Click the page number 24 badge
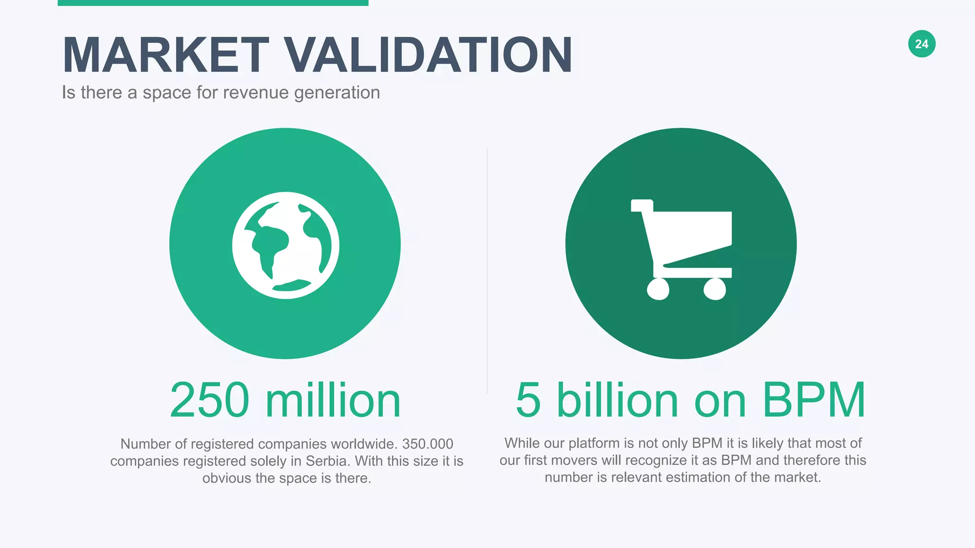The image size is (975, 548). tap(922, 44)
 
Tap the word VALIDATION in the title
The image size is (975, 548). tap(428, 56)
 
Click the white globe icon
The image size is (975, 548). tap(286, 245)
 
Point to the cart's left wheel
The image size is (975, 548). tap(658, 289)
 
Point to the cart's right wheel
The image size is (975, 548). tap(715, 289)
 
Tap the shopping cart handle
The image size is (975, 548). tap(641, 205)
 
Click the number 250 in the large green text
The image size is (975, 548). tap(209, 401)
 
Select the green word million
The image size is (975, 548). tap(333, 401)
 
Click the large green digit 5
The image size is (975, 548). tap(528, 401)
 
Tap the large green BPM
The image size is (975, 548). tap(814, 401)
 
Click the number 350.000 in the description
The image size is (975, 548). tap(428, 444)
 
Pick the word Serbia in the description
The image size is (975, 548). tap(327, 461)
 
